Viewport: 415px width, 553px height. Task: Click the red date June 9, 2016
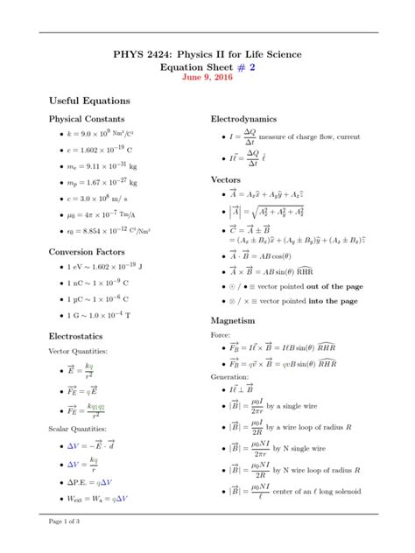[207, 77]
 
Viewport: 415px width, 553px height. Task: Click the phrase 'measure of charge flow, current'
[310, 136]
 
